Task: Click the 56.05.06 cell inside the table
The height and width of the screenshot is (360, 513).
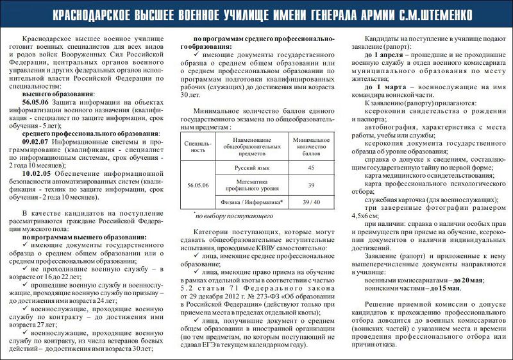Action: coord(198,185)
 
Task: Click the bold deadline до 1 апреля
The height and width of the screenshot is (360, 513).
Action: coord(385,55)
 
